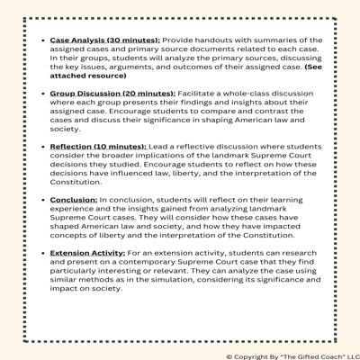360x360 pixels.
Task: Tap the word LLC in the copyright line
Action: [x=346, y=355]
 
